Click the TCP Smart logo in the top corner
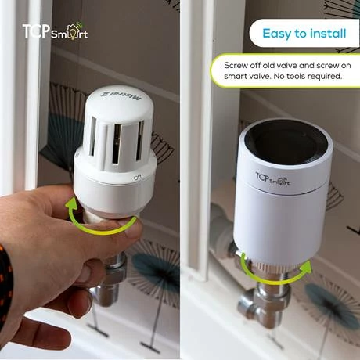point(54,33)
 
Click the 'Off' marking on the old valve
point(137,177)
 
